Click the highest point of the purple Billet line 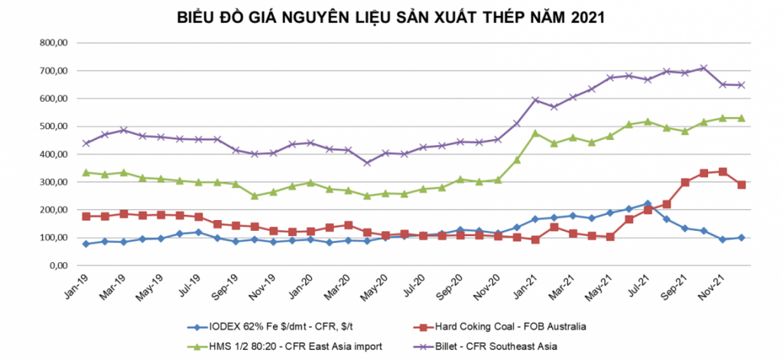pos(703,68)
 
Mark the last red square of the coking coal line pos(741,185)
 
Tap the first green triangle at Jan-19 pos(86,172)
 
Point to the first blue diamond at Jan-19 pos(86,244)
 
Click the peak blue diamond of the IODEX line pos(648,204)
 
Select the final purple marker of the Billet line pos(741,85)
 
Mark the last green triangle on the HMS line pos(741,118)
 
